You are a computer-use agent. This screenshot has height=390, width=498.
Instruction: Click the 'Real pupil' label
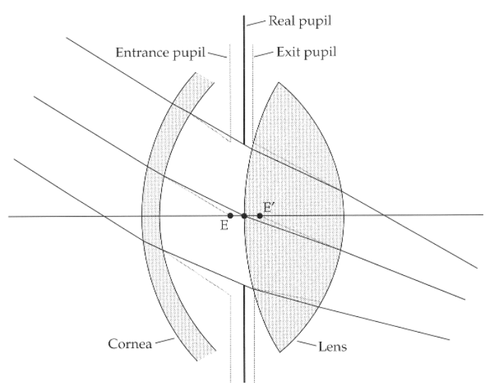click(299, 21)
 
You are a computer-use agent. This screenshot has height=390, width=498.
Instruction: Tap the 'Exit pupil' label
click(306, 52)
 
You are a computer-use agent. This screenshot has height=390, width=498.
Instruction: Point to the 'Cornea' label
click(130, 345)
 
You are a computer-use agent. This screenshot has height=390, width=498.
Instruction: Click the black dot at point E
click(231, 215)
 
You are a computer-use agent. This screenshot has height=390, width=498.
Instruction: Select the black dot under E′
click(260, 215)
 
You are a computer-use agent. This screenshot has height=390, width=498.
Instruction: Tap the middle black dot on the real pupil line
click(244, 215)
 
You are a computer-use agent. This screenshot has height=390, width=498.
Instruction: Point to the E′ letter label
click(269, 206)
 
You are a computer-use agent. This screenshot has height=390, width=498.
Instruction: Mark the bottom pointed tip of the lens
click(282, 352)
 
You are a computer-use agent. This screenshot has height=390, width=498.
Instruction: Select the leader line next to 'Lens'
click(306, 345)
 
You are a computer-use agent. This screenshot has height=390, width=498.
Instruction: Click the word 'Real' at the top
click(282, 21)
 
